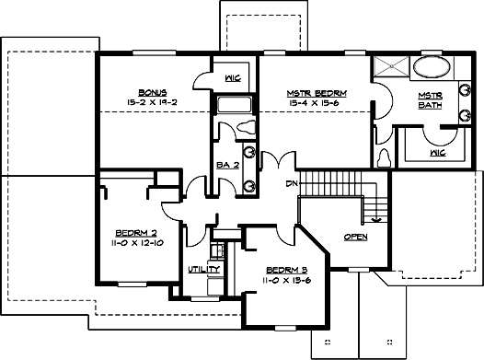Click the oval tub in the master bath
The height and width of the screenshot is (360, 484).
point(429,67)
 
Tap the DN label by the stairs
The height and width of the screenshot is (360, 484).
point(293,184)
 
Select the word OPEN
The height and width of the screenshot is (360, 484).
point(355,237)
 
